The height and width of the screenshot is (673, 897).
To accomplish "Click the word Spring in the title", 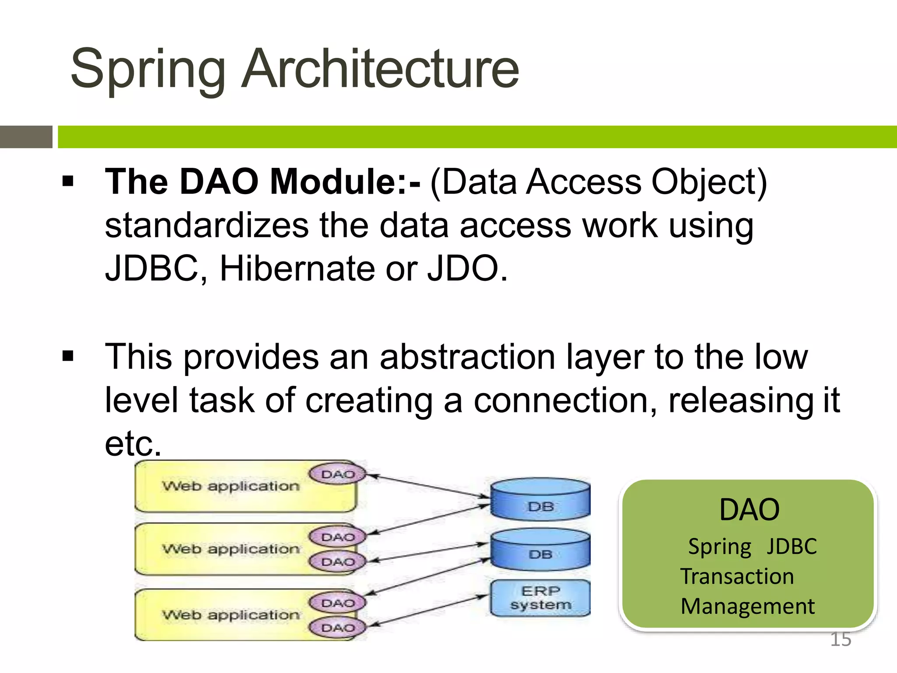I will (x=148, y=70).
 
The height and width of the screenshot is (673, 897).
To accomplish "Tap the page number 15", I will (x=840, y=639).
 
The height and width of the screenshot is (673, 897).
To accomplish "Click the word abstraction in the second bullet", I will (x=467, y=357).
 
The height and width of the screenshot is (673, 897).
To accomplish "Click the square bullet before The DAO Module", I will (x=68, y=181).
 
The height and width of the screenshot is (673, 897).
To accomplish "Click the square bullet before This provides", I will (x=68, y=356).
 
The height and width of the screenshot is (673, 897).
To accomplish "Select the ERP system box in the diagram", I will (x=540, y=598).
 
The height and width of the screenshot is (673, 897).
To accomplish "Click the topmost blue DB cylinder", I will (x=540, y=499).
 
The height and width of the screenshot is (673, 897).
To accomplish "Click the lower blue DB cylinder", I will (x=540, y=550).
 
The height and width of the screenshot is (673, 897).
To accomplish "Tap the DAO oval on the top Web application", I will (x=338, y=475).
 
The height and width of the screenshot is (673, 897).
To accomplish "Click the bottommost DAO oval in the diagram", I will (x=338, y=628).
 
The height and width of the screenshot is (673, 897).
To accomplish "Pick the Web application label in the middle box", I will (x=231, y=549).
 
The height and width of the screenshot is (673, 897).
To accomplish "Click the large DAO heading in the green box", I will (x=749, y=510).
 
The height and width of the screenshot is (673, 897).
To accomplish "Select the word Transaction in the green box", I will (x=737, y=576).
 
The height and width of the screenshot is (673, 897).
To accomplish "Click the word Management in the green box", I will (x=748, y=606).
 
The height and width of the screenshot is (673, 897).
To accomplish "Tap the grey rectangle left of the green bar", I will (x=26, y=137).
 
